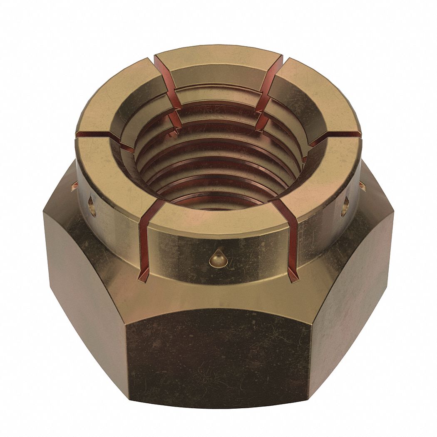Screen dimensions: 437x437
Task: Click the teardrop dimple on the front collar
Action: coord(218,260)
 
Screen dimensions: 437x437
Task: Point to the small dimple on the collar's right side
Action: coord(345,206)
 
